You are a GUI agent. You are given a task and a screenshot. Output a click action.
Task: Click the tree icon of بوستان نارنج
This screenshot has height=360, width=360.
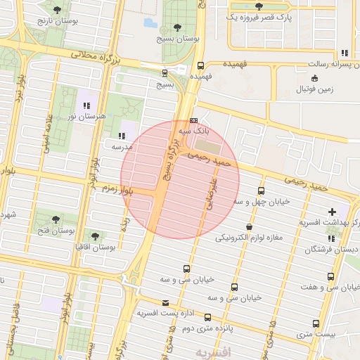tap(57, 9)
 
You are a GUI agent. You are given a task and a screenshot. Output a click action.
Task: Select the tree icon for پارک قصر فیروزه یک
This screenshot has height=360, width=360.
tap(259, 6)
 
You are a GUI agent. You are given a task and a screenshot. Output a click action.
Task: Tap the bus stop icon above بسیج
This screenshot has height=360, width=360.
tap(165, 72)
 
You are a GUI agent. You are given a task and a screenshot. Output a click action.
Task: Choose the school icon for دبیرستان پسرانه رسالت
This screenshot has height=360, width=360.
tap(344, 53)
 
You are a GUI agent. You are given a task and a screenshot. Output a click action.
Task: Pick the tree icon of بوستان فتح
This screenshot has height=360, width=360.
tap(56, 218)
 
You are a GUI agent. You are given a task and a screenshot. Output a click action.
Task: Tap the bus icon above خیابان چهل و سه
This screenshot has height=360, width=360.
tap(261, 191)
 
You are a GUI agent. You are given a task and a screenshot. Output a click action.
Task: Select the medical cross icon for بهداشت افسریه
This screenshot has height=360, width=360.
tap(332, 211)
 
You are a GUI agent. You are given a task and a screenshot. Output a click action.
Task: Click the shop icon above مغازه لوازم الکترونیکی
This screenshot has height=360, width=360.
tap(250, 226)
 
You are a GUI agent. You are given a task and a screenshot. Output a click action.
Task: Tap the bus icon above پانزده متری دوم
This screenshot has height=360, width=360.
tap(208, 317)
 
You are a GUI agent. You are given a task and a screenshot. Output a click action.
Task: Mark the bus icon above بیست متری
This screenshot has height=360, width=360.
tap(316, 323)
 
